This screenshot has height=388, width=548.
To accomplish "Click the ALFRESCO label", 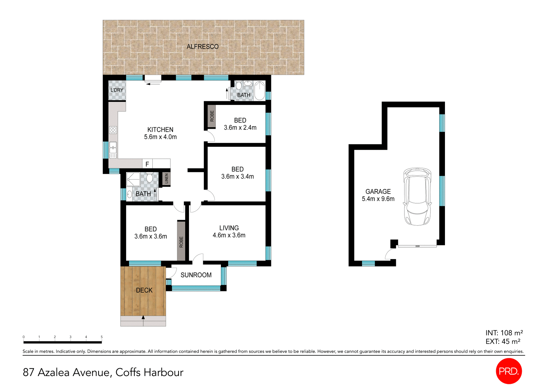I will [x=203, y=47].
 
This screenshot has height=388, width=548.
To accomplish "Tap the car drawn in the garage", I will [x=417, y=197].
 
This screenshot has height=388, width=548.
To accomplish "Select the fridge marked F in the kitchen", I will [x=147, y=164].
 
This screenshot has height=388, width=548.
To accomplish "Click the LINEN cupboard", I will [x=166, y=179].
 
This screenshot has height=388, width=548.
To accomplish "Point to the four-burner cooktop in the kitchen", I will [x=113, y=130].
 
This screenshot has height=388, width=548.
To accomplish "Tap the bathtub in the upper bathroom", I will [x=259, y=90].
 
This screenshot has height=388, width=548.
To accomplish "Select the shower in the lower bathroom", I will [x=133, y=179].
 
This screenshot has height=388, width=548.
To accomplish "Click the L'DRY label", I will [x=117, y=90].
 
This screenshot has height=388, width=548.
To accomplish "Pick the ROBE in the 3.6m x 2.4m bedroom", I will [x=212, y=116].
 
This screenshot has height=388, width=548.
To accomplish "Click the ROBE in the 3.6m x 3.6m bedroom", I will [x=181, y=242].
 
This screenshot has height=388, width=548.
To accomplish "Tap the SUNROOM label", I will [x=196, y=275].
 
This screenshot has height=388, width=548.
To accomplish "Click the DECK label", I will [x=144, y=290].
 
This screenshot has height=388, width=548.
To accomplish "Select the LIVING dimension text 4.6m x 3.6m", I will [x=229, y=235].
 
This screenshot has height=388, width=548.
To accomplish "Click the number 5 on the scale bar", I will [x=102, y=337].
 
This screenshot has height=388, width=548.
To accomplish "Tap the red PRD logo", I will [x=509, y=371].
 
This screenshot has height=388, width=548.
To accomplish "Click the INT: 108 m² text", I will [x=504, y=333].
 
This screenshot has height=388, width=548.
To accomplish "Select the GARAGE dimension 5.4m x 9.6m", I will [x=378, y=199].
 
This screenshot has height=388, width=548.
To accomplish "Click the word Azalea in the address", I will [x=53, y=372].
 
